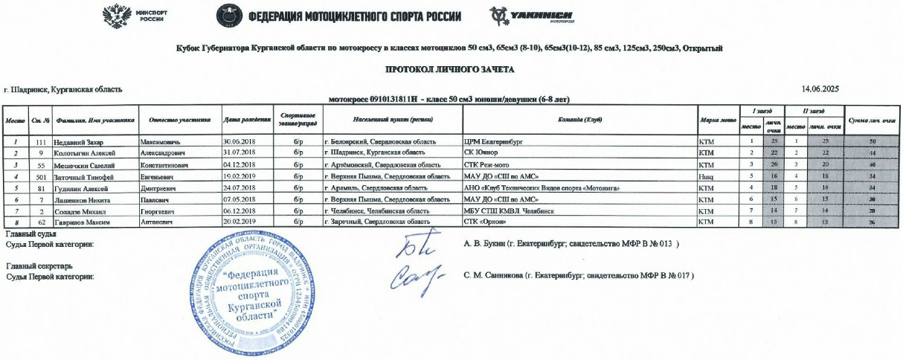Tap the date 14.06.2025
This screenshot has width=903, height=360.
(820, 89)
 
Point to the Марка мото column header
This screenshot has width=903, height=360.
(717, 120)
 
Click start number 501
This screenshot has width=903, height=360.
(42, 176)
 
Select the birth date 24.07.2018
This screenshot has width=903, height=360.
(239, 188)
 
